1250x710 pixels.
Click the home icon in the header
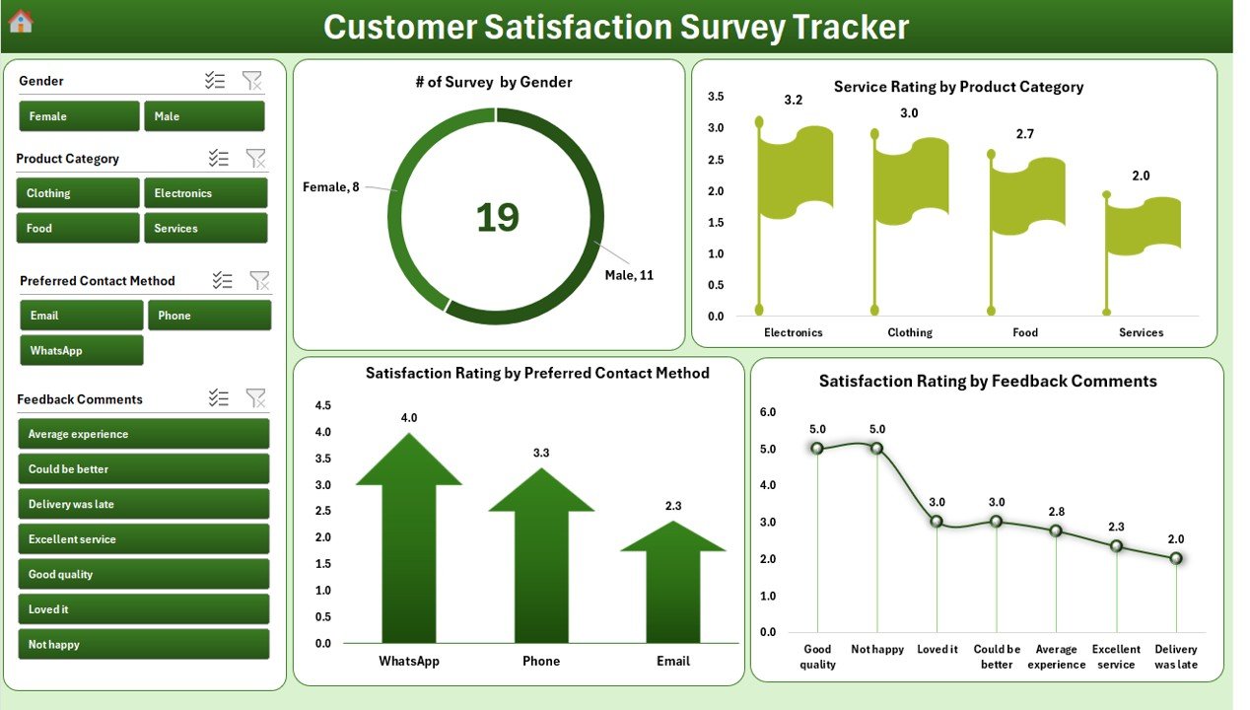(x=21, y=21)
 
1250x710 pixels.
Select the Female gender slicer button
(x=79, y=116)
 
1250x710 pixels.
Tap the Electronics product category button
(x=205, y=193)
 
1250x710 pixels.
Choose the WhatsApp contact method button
(x=81, y=350)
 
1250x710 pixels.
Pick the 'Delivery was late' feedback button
(x=143, y=504)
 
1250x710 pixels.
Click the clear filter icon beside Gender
(x=252, y=81)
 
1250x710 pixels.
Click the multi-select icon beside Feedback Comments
(x=219, y=398)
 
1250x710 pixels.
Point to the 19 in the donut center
(x=497, y=218)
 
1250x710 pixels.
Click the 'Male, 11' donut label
(x=629, y=275)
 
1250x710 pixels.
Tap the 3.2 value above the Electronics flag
(x=794, y=101)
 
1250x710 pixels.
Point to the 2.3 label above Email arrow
(x=673, y=506)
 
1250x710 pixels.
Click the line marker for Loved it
(x=937, y=521)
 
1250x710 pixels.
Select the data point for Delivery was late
(x=1176, y=558)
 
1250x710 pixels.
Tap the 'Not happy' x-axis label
(x=877, y=649)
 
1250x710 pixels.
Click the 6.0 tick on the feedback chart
(x=767, y=412)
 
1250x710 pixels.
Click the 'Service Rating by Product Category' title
(x=958, y=87)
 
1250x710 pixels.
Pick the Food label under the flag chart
(x=1025, y=332)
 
